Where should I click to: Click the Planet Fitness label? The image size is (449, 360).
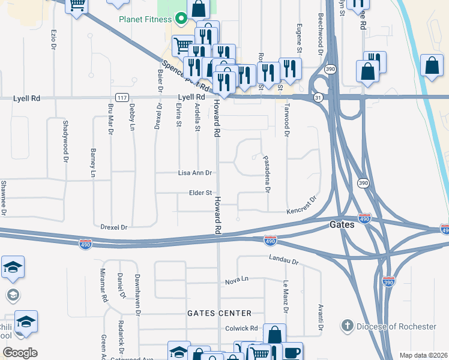click(x=145, y=19)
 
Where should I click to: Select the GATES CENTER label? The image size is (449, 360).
click(x=219, y=313)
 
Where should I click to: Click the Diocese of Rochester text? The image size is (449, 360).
click(x=396, y=326)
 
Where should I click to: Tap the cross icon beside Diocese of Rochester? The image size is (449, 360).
click(x=346, y=326)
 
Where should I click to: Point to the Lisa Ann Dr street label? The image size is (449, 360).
click(x=195, y=173)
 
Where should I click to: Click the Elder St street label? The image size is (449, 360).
click(x=201, y=193)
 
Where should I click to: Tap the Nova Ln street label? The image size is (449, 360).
click(x=237, y=280)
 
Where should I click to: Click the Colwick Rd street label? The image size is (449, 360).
click(x=241, y=328)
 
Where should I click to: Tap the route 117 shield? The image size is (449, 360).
click(x=122, y=97)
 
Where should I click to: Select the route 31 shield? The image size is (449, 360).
click(x=318, y=97)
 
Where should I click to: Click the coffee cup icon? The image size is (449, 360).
click(x=292, y=352)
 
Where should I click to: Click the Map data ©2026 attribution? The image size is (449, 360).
click(x=423, y=355)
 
